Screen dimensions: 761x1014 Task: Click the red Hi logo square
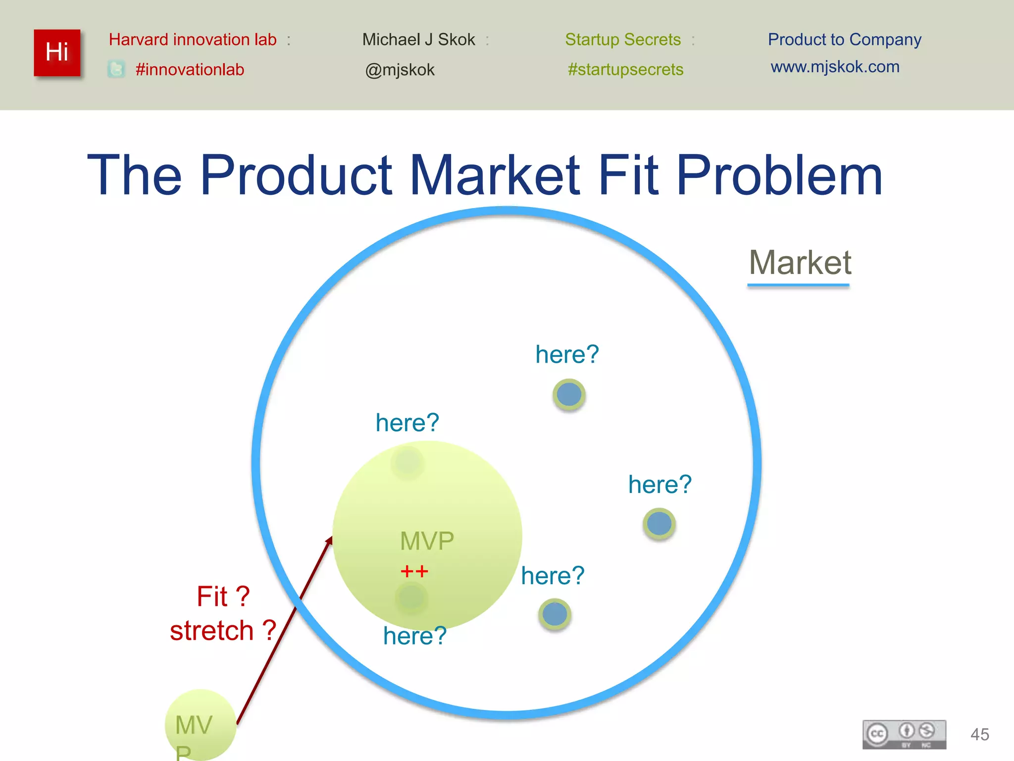pyautogui.click(x=57, y=53)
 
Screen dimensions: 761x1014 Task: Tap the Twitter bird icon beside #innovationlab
pyautogui.click(x=116, y=69)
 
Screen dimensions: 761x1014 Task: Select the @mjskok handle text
pyautogui.click(x=400, y=70)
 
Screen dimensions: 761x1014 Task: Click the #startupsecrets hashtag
pyautogui.click(x=625, y=69)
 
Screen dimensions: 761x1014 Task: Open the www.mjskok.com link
pyautogui.click(x=835, y=67)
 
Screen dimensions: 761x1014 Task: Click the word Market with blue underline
pyautogui.click(x=800, y=263)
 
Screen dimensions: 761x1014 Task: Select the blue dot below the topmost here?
pyautogui.click(x=569, y=395)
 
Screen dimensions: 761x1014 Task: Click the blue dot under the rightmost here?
pyautogui.click(x=659, y=524)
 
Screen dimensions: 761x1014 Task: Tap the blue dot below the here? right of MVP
pyautogui.click(x=555, y=614)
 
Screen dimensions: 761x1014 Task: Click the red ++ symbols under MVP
pyautogui.click(x=414, y=571)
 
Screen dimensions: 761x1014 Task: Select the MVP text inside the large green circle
pyautogui.click(x=427, y=541)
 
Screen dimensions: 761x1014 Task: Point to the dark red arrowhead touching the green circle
pyautogui.click(x=329, y=541)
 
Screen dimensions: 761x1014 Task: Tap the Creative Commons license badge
pyautogui.click(x=904, y=734)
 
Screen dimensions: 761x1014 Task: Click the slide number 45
pyautogui.click(x=979, y=734)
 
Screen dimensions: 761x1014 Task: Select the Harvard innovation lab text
pyautogui.click(x=193, y=40)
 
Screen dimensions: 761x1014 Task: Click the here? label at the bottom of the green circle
pyautogui.click(x=414, y=636)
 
